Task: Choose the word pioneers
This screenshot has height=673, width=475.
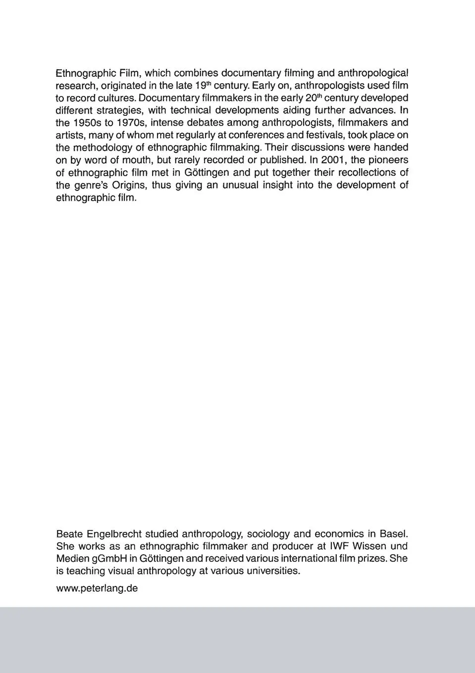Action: click(x=388, y=160)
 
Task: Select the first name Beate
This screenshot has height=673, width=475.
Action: click(x=69, y=534)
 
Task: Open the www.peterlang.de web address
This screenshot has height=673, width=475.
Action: click(x=97, y=589)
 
